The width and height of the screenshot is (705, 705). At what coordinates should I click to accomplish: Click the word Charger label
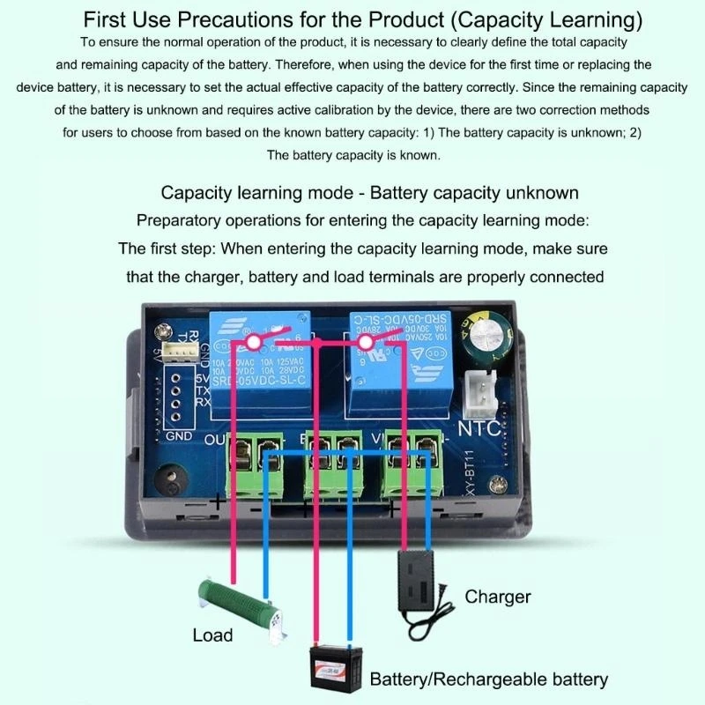tap(498, 597)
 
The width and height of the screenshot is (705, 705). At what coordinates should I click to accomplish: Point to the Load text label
tap(212, 634)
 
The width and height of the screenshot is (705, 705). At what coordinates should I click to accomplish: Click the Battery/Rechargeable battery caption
tap(488, 679)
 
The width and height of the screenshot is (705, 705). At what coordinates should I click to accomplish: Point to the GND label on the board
tap(178, 435)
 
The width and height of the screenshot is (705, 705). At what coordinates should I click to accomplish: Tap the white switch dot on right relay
tap(363, 340)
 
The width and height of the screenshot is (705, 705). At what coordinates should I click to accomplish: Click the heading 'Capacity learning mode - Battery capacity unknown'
tap(369, 193)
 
